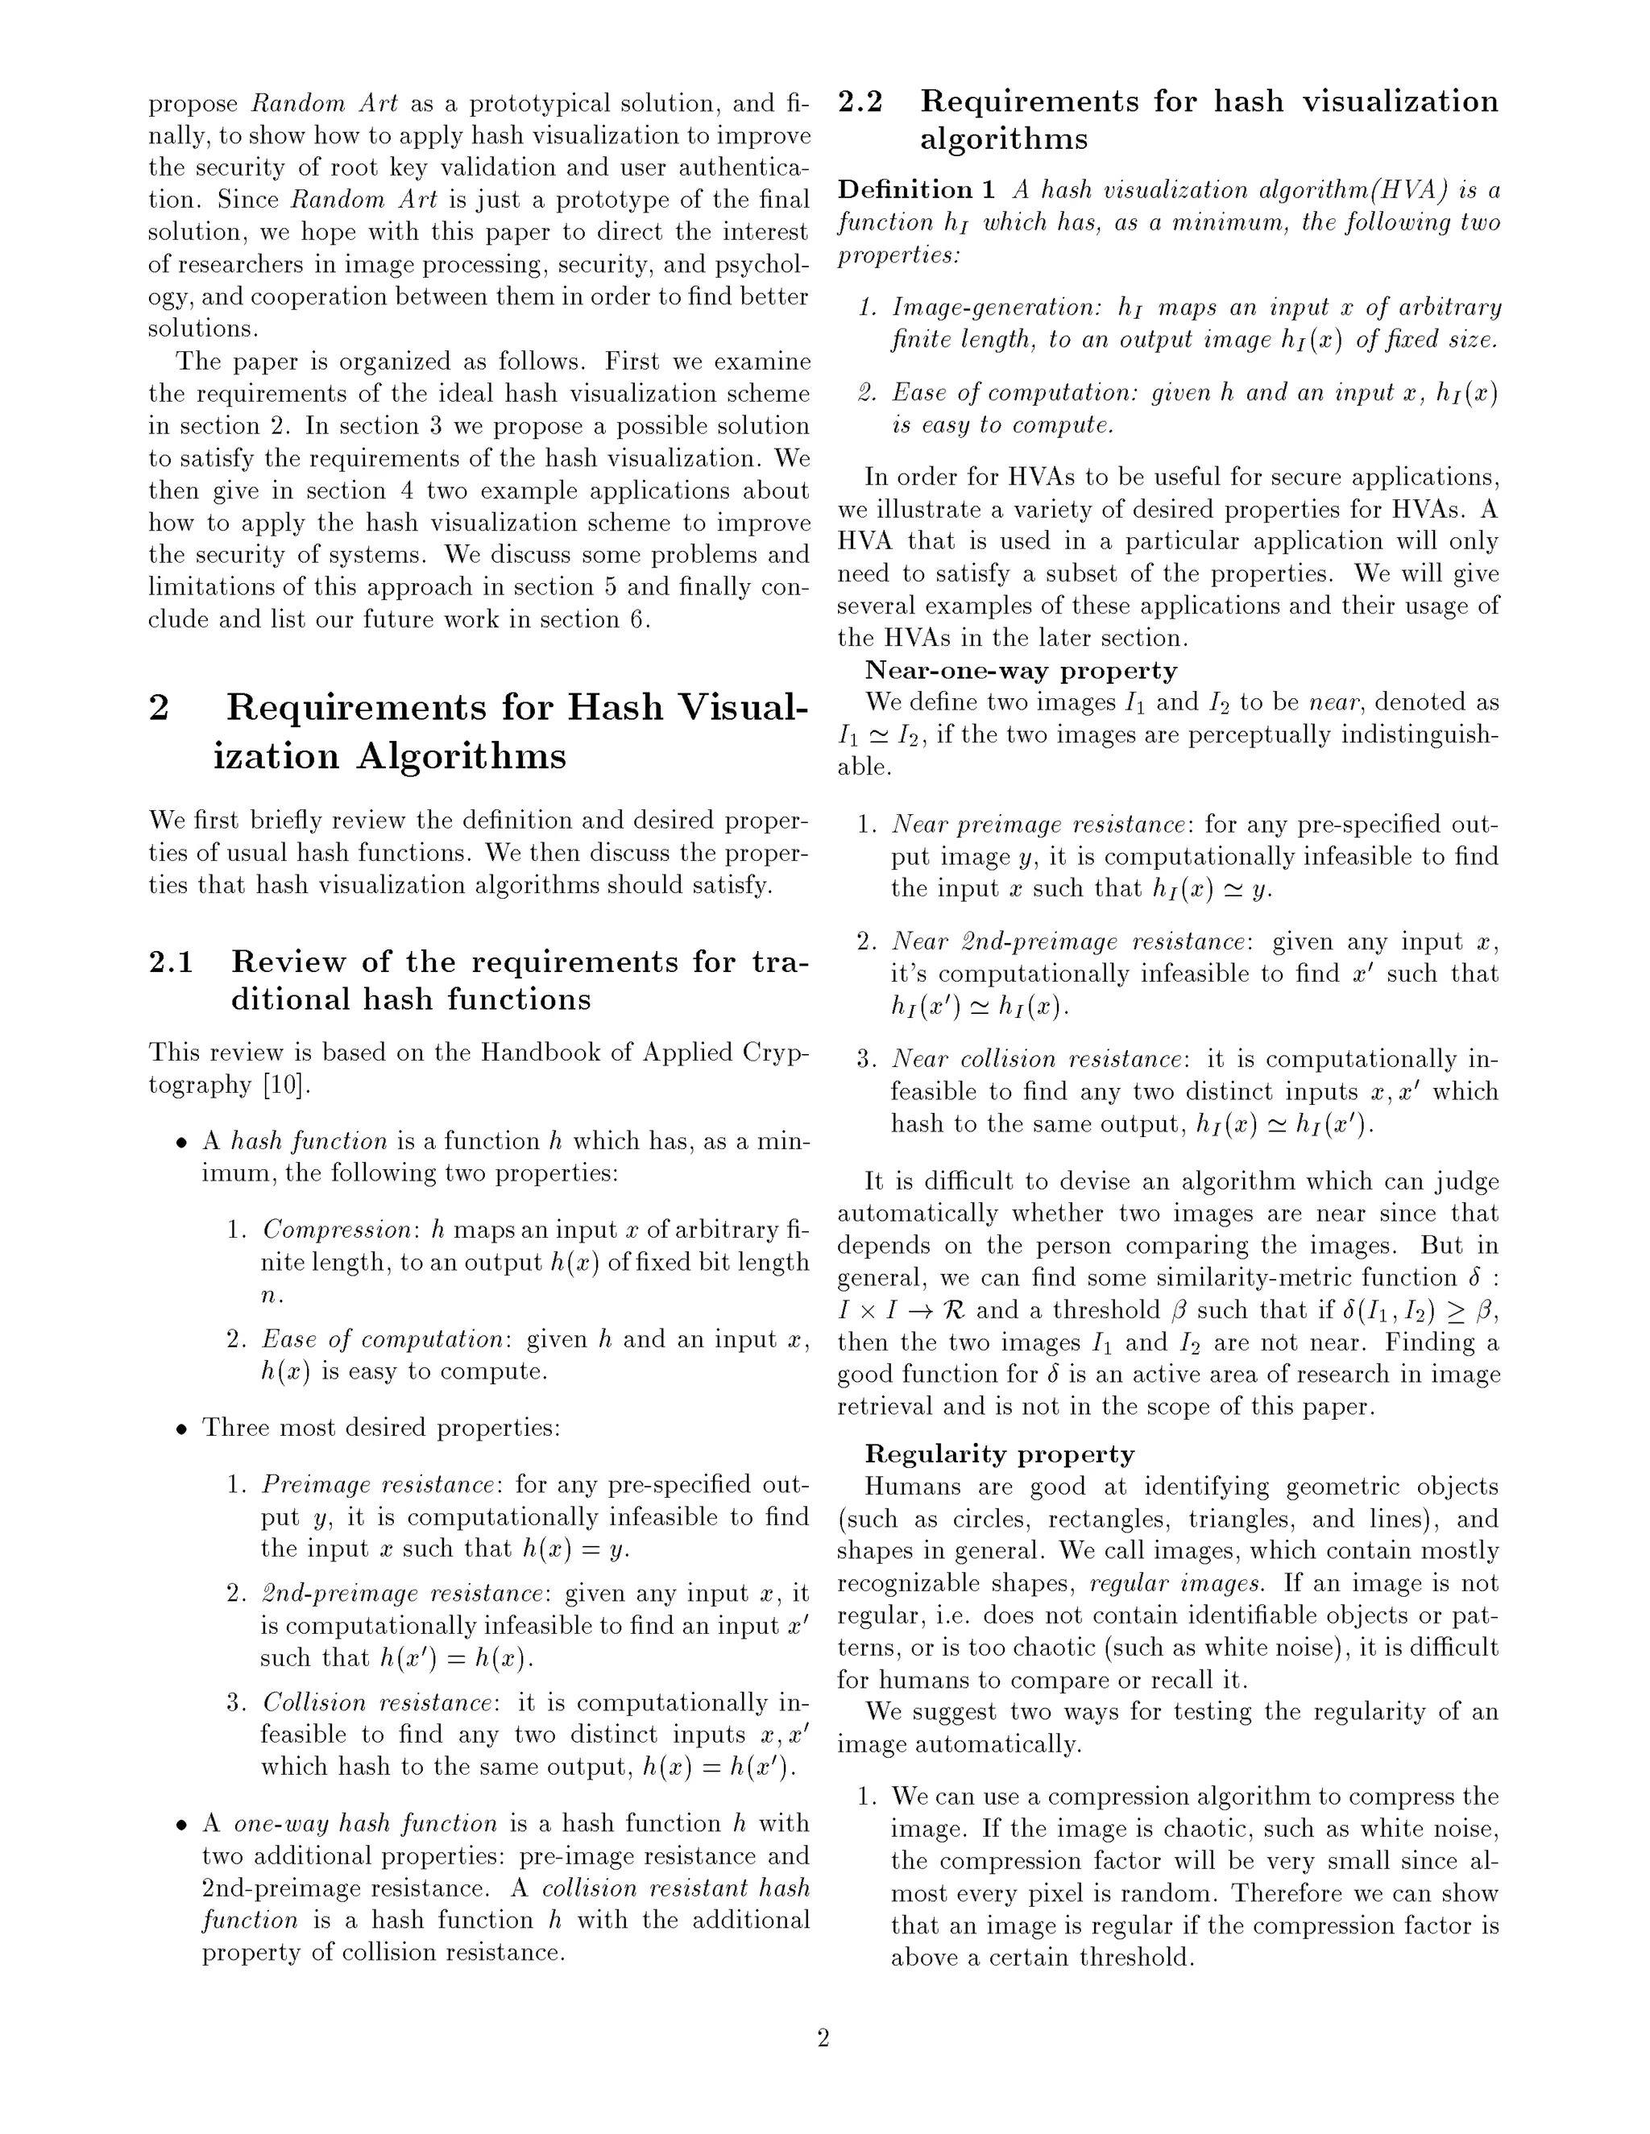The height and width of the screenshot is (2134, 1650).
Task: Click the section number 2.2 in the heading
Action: tap(860, 101)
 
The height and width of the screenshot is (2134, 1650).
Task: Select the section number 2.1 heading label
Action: tap(171, 962)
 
